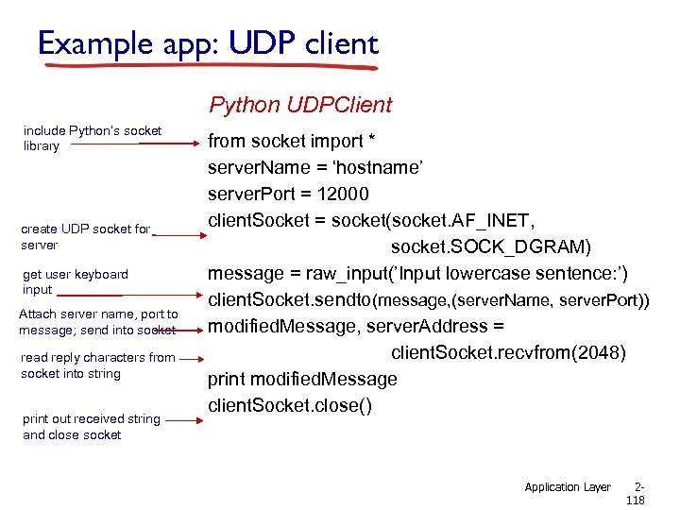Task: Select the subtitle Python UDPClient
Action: pos(300,104)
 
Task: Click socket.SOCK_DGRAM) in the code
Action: pos(491,246)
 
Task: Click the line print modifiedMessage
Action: pos(302,380)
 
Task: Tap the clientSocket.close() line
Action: pos(290,405)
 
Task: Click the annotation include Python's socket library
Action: pos(92,138)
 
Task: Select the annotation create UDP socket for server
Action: pos(85,237)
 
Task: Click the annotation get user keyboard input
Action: pos(75,281)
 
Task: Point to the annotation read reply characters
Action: pos(97,365)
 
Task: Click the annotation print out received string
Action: pos(91,427)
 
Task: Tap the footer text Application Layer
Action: pos(568,487)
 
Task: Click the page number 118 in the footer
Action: pos(635,501)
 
